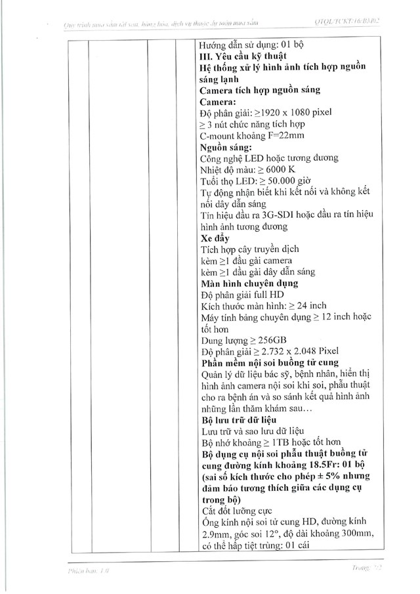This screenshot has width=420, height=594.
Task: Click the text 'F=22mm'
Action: pyautogui.click(x=287, y=135)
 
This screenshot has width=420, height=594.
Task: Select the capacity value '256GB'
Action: pyautogui.click(x=270, y=340)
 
